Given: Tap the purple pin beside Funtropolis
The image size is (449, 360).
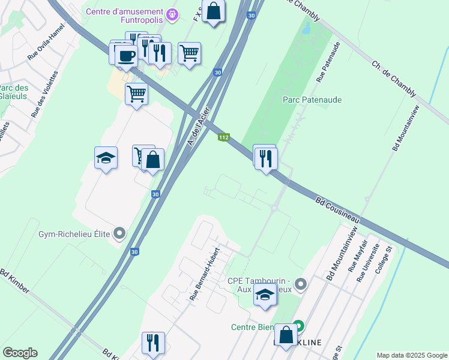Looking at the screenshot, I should pos(173,13).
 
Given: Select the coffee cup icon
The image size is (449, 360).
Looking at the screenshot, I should pos(126,56).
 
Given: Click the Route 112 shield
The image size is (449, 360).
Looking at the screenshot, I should pos(223,137).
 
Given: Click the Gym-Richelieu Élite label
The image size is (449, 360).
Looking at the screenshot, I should pos(74,234).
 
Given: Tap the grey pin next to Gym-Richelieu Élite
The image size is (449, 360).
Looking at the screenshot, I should pos(120,232).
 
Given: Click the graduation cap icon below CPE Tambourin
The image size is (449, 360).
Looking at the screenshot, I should pos(265,293).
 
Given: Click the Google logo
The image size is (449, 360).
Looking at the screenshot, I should pos(20,353).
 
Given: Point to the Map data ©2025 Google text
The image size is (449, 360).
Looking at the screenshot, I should pos(411,355).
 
